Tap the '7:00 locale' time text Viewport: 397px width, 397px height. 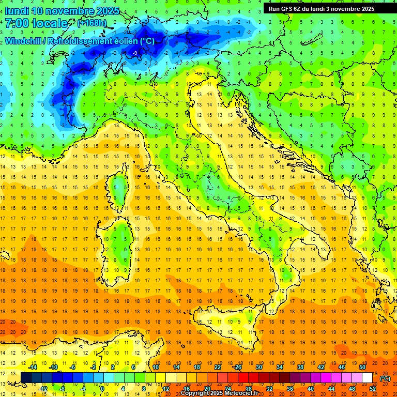click(x=36, y=23)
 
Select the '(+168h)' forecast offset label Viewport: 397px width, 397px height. click(x=93, y=23)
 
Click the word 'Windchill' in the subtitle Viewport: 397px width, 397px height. click(x=24, y=41)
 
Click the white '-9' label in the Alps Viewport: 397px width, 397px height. click(x=135, y=53)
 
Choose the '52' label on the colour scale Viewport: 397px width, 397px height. click(x=373, y=388)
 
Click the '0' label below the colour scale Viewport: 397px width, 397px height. click(x=102, y=388)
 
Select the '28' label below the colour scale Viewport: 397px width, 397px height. click(x=248, y=388)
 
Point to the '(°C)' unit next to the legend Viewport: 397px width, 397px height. click(x=385, y=378)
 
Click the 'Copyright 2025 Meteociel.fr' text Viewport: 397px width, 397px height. click(x=223, y=393)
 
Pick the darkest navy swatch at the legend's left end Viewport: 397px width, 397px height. click(x=26, y=378)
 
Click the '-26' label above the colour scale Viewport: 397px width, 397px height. click(x=237, y=367)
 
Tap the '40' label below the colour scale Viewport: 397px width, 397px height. click(x=310, y=388)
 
